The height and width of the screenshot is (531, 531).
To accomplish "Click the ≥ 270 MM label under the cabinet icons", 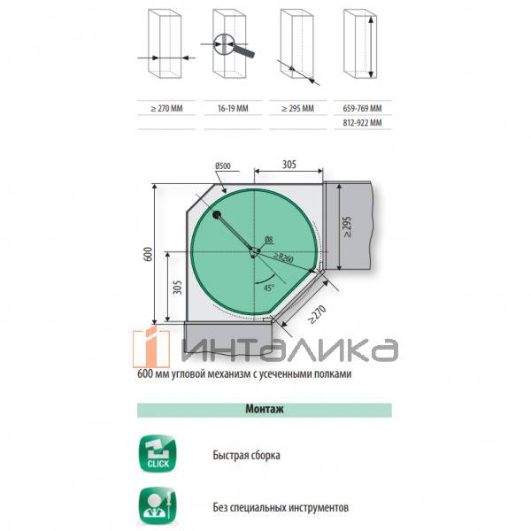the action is [x=166, y=108].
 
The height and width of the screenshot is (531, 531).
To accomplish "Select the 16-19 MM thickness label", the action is [x=233, y=108].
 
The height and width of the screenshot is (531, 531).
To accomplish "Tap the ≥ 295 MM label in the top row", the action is [x=297, y=108].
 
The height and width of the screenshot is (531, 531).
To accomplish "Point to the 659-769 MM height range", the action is [x=362, y=108].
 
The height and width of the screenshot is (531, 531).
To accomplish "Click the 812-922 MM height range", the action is [x=362, y=123].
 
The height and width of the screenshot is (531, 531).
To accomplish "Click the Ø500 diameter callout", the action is [x=223, y=165].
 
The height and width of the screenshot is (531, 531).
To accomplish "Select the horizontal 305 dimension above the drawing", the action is [x=289, y=165].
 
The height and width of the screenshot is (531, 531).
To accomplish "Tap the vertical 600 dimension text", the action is [x=148, y=254].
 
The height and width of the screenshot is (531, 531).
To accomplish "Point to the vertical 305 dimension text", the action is [x=177, y=287].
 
